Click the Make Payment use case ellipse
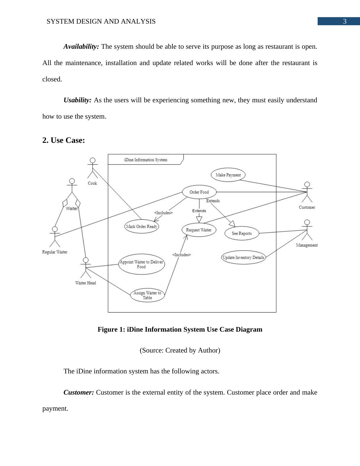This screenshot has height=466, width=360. (x=228, y=175)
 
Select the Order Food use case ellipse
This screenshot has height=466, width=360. (x=199, y=192)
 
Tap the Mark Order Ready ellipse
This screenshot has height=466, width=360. (x=142, y=226)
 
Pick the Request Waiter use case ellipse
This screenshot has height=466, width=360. (x=199, y=230)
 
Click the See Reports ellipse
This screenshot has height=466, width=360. (x=242, y=233)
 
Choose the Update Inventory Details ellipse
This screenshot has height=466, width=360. (x=243, y=258)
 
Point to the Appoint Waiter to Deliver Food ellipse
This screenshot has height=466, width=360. (x=141, y=264)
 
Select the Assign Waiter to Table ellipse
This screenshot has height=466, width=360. (x=147, y=295)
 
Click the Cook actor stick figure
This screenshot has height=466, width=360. (x=93, y=168)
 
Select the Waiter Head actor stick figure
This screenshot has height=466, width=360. (x=86, y=267)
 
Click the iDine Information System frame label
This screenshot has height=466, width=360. (x=146, y=160)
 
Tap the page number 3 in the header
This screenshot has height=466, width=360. (x=345, y=21)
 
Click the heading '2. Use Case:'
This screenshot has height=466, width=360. (x=64, y=140)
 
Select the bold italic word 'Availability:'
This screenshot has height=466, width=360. (x=81, y=47)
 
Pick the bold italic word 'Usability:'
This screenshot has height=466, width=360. (x=77, y=100)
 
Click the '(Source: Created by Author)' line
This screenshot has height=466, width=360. (x=180, y=350)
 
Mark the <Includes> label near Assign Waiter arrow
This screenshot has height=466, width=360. (x=182, y=255)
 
